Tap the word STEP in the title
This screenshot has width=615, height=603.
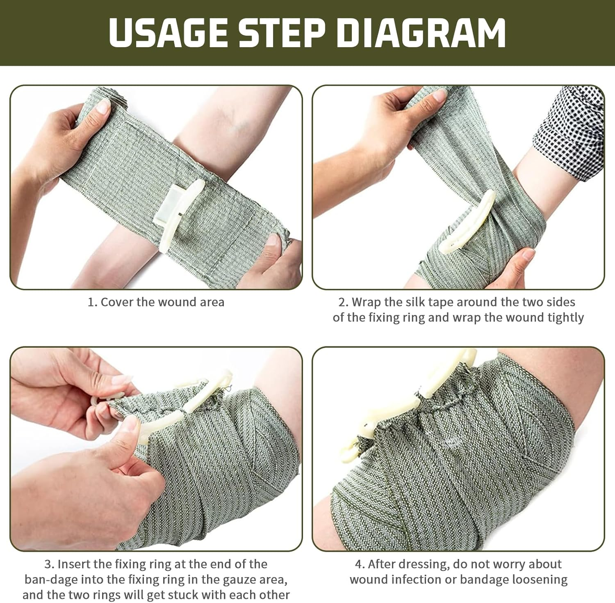pos(282,33)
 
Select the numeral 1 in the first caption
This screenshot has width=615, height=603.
pos(91,303)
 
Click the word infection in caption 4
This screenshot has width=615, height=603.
pos(418,580)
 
